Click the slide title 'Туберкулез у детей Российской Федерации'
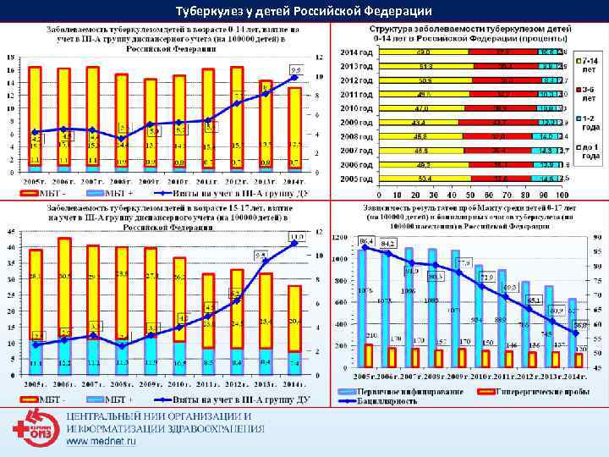point(304,11)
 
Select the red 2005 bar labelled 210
point(369,355)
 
